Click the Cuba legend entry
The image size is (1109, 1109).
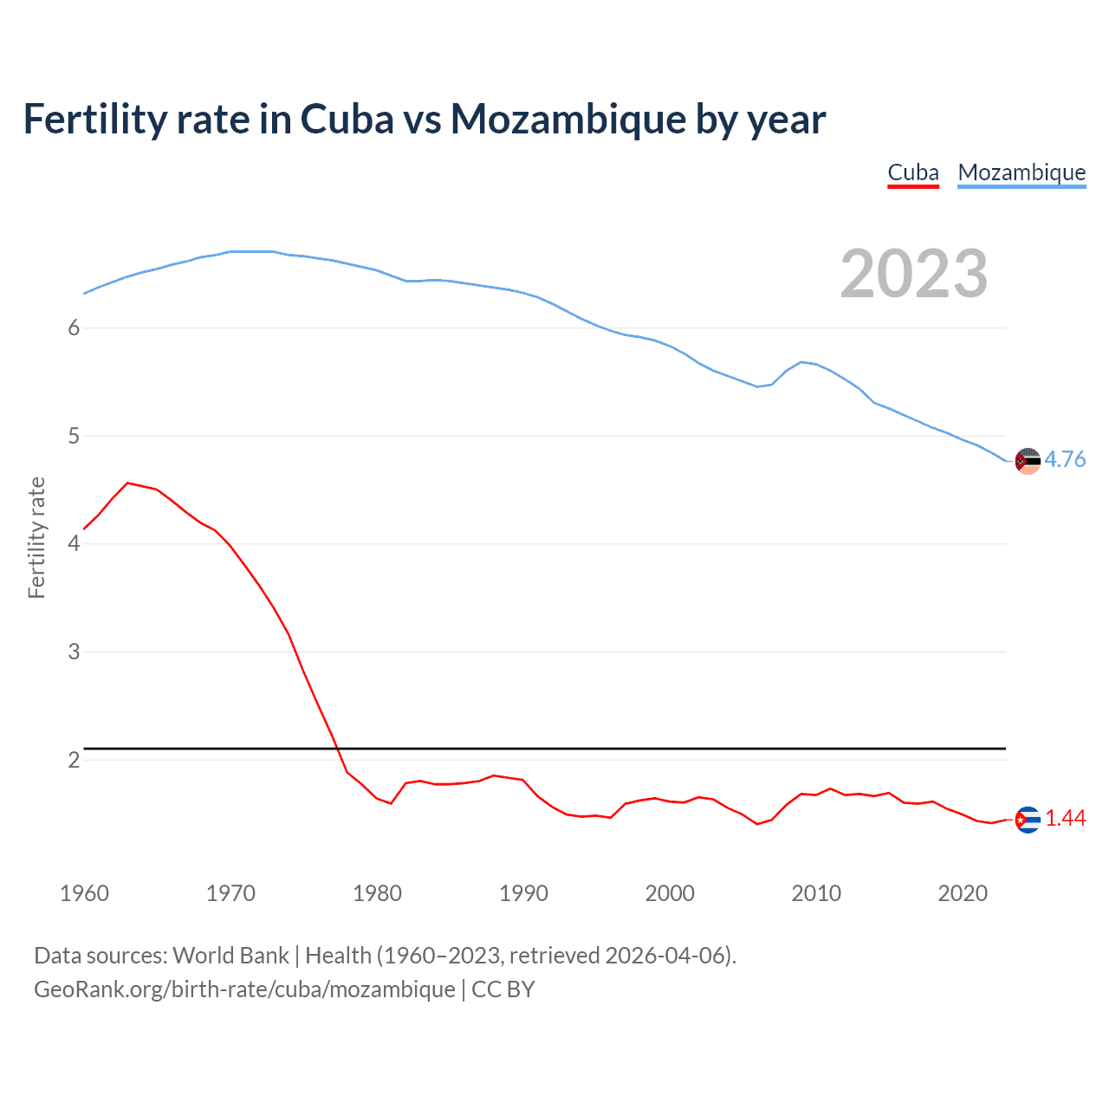click(913, 173)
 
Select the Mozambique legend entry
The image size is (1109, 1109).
click(1021, 173)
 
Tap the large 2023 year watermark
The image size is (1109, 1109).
click(914, 274)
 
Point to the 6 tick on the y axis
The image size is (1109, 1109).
click(74, 328)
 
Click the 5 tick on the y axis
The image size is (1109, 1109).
click(74, 436)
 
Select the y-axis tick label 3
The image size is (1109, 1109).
click(74, 652)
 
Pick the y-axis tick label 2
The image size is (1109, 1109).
click(74, 760)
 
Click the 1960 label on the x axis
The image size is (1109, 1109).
click(84, 893)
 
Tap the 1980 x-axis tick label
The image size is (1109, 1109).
click(377, 893)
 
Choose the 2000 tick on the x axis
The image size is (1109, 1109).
click(670, 893)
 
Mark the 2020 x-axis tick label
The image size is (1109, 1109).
click(963, 893)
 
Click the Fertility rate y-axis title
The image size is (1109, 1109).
click(36, 538)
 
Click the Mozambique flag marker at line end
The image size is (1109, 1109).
click(1027, 461)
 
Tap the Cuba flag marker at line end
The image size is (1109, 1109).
click(1027, 820)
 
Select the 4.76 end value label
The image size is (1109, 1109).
click(1065, 460)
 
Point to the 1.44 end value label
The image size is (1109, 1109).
click(1065, 819)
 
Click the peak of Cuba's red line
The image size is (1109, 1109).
click(128, 483)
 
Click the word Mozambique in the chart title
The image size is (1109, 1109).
click(568, 120)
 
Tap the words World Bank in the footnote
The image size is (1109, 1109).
click(230, 956)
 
